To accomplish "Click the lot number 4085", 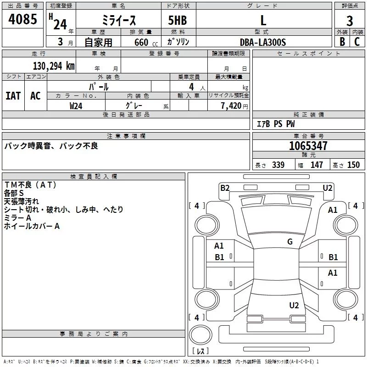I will pos(23,20).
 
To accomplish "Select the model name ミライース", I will pos(118,20).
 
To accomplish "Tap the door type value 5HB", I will pos(178,20).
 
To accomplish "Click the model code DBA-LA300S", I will pos(263,42).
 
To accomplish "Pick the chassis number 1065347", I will pos(308,146).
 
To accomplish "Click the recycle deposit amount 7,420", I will pos(231,106).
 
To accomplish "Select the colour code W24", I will pos(76,106).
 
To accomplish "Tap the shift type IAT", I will pos(13,96).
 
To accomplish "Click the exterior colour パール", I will pos(99,86).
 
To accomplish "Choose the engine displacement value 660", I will pos(141,43).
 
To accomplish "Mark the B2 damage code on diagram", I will pos(225,188).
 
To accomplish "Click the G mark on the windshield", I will pos(290,242).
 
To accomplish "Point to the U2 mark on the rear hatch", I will pos(294,306).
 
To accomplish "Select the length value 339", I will pos(278,165).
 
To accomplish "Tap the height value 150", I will pos(353,165).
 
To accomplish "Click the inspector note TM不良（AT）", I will pos(30,185).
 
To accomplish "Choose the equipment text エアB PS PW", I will pos(276,124).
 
